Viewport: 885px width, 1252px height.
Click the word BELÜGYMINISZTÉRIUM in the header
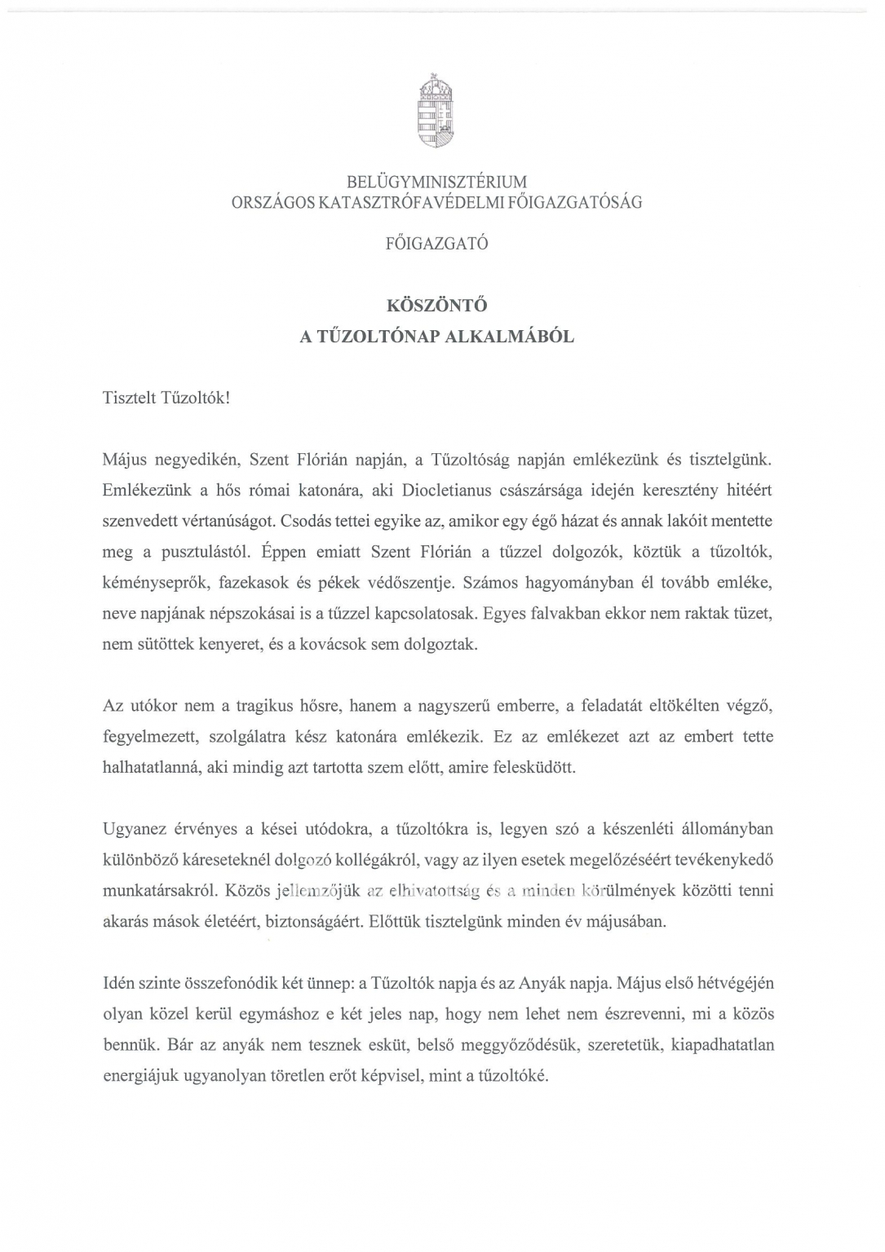click(x=436, y=182)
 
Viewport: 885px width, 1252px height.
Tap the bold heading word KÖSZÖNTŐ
click(x=436, y=306)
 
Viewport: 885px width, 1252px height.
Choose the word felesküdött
click(x=535, y=767)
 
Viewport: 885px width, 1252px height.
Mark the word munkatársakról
click(x=157, y=890)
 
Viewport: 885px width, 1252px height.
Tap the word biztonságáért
click(x=316, y=922)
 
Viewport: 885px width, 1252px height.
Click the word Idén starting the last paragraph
click(x=119, y=983)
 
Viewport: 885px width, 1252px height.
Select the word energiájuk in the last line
click(x=140, y=1075)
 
